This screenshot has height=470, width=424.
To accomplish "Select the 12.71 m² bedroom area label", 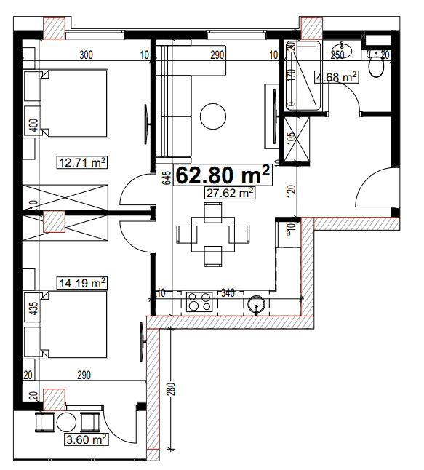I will (82, 162).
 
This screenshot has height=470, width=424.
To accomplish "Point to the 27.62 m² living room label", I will (230, 193).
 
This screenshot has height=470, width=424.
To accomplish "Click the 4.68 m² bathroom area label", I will (335, 77).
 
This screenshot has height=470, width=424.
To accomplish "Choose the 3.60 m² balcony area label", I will (87, 439).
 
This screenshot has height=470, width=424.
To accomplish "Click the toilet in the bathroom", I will (377, 66).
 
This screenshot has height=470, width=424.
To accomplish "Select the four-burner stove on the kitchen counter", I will (199, 302).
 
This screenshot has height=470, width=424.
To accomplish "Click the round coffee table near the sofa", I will (213, 115).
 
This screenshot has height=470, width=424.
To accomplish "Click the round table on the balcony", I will (68, 423).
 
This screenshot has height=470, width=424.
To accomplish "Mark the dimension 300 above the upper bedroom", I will (86, 55).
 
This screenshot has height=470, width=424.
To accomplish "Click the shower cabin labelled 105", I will (297, 140).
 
